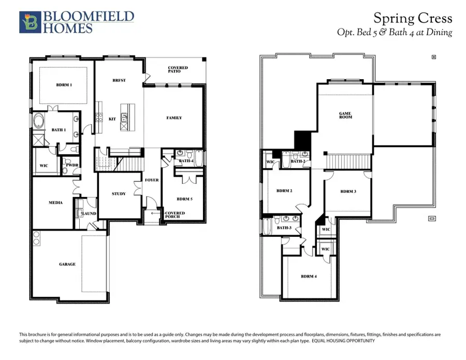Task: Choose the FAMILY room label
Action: pos(174,118)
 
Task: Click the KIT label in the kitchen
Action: pos(112,119)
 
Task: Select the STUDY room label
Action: pos(119,194)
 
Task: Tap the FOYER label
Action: pos(152,180)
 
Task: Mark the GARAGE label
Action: pos(67,264)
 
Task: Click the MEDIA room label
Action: pos(55,203)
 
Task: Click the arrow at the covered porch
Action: pos(154,213)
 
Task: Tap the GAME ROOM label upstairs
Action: pos(345,116)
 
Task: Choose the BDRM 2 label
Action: pos(284,191)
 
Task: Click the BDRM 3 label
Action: pos(348,192)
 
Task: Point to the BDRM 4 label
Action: pos(309,276)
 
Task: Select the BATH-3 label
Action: pos(284,228)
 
